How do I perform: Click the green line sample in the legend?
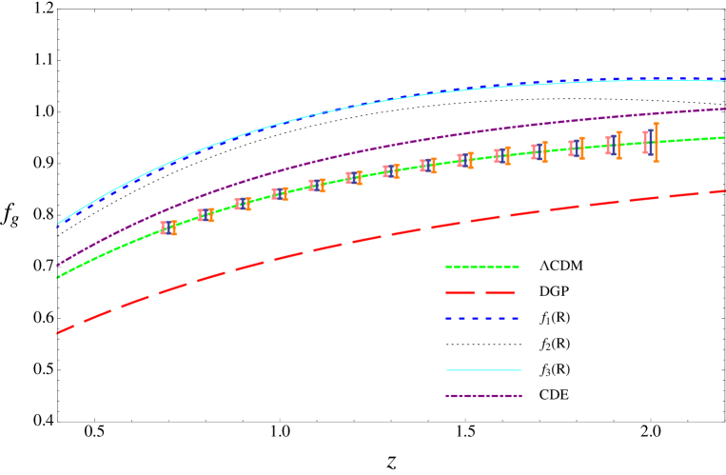[482, 267]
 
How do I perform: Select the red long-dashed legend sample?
[481, 292]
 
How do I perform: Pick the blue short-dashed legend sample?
[482, 318]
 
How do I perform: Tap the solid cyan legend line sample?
[483, 369]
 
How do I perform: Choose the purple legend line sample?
[483, 395]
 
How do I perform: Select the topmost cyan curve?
[381, 102]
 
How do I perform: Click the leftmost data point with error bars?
[168, 228]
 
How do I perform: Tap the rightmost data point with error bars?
[650, 142]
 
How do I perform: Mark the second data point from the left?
[206, 215]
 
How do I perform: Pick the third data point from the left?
[243, 204]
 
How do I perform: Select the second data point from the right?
[613, 145]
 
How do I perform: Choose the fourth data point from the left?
[280, 193]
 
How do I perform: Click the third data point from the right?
[576, 148]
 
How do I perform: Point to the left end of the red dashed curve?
[58, 333]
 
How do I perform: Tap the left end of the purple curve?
[58, 265]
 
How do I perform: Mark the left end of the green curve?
[58, 277]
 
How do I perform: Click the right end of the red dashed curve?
[724, 191]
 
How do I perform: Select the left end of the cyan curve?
[58, 225]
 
